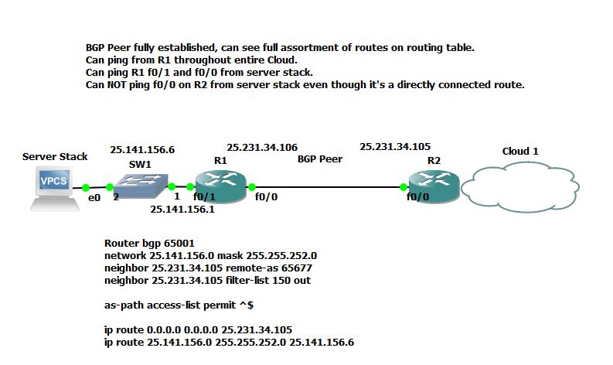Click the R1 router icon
pos(220,186)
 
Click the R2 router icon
pos(434,186)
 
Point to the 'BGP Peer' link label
pos(320,159)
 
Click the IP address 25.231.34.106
pos(262,147)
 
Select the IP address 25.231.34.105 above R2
pos(395,146)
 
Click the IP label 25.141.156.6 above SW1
pos(142,150)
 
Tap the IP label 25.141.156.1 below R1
pos(182,209)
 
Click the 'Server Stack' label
pos(55,157)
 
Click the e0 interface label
pos(95,198)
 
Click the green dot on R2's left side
pos(404,186)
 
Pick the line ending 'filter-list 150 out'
pos(207,280)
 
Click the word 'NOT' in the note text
pos(120,85)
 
